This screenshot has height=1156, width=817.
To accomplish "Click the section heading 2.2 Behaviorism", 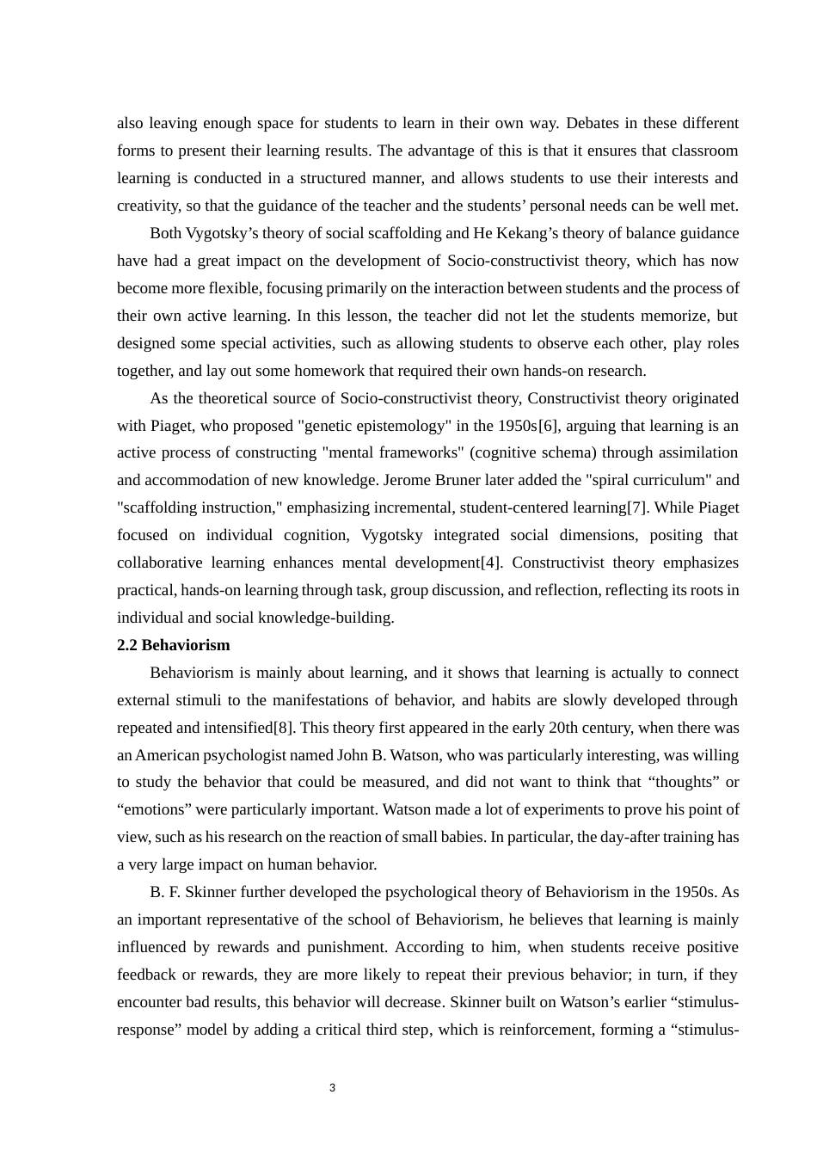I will [x=174, y=645].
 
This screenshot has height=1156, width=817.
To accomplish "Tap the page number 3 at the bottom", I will [x=332, y=1088].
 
